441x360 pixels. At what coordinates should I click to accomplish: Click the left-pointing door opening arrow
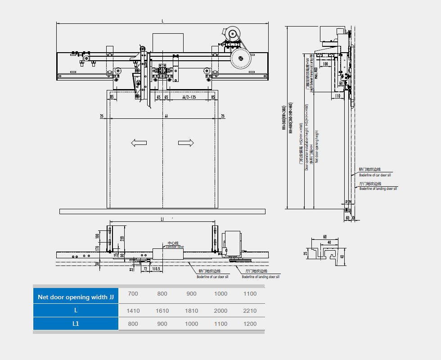[x=139, y=143]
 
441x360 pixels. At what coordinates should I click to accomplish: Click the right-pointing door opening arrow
[x=186, y=143]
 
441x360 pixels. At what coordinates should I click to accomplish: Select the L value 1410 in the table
[x=133, y=310]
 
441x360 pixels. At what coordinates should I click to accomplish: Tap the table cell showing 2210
[x=250, y=310]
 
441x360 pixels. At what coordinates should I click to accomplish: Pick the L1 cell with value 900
[x=162, y=324]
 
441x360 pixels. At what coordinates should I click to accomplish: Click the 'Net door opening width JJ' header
[x=76, y=297]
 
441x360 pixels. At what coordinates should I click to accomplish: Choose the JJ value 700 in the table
[x=133, y=294]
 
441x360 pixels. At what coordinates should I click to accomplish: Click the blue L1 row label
[x=76, y=324]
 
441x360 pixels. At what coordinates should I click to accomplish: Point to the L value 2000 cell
[x=220, y=310]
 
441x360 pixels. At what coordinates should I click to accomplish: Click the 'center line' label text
[x=175, y=247]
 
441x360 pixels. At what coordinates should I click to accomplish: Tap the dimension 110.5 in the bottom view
[x=157, y=269]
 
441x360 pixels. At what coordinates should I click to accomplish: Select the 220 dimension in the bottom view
[x=121, y=238]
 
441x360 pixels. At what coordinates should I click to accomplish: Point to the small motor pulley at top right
[x=233, y=34]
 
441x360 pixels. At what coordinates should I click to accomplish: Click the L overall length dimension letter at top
[x=162, y=21]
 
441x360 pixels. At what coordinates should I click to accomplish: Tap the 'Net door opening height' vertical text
[x=317, y=146]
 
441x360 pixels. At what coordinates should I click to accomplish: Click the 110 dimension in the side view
[x=337, y=96]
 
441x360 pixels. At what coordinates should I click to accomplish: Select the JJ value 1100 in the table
[x=250, y=294]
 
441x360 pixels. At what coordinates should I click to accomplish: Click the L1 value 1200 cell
[x=250, y=324]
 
